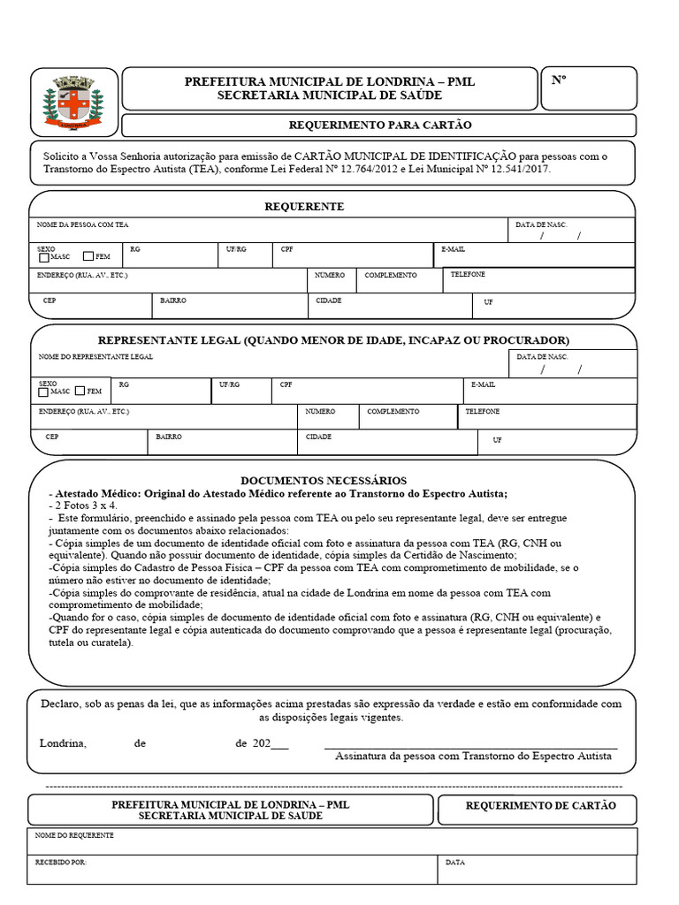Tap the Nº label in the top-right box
(x=559, y=80)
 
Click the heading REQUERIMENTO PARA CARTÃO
(x=380, y=125)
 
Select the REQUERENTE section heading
(x=304, y=206)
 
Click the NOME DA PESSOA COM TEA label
(x=83, y=225)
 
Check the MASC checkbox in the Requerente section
(x=43, y=257)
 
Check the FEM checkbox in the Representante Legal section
(x=80, y=391)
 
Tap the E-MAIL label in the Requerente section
(x=453, y=250)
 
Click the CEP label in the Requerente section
(x=50, y=300)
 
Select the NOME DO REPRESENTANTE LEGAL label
(x=95, y=356)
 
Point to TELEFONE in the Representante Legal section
(x=483, y=412)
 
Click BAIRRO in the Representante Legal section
(x=169, y=437)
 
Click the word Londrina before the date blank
(x=63, y=743)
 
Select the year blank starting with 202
(x=271, y=743)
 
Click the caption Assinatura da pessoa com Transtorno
(x=473, y=757)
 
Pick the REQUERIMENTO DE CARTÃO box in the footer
(x=540, y=805)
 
